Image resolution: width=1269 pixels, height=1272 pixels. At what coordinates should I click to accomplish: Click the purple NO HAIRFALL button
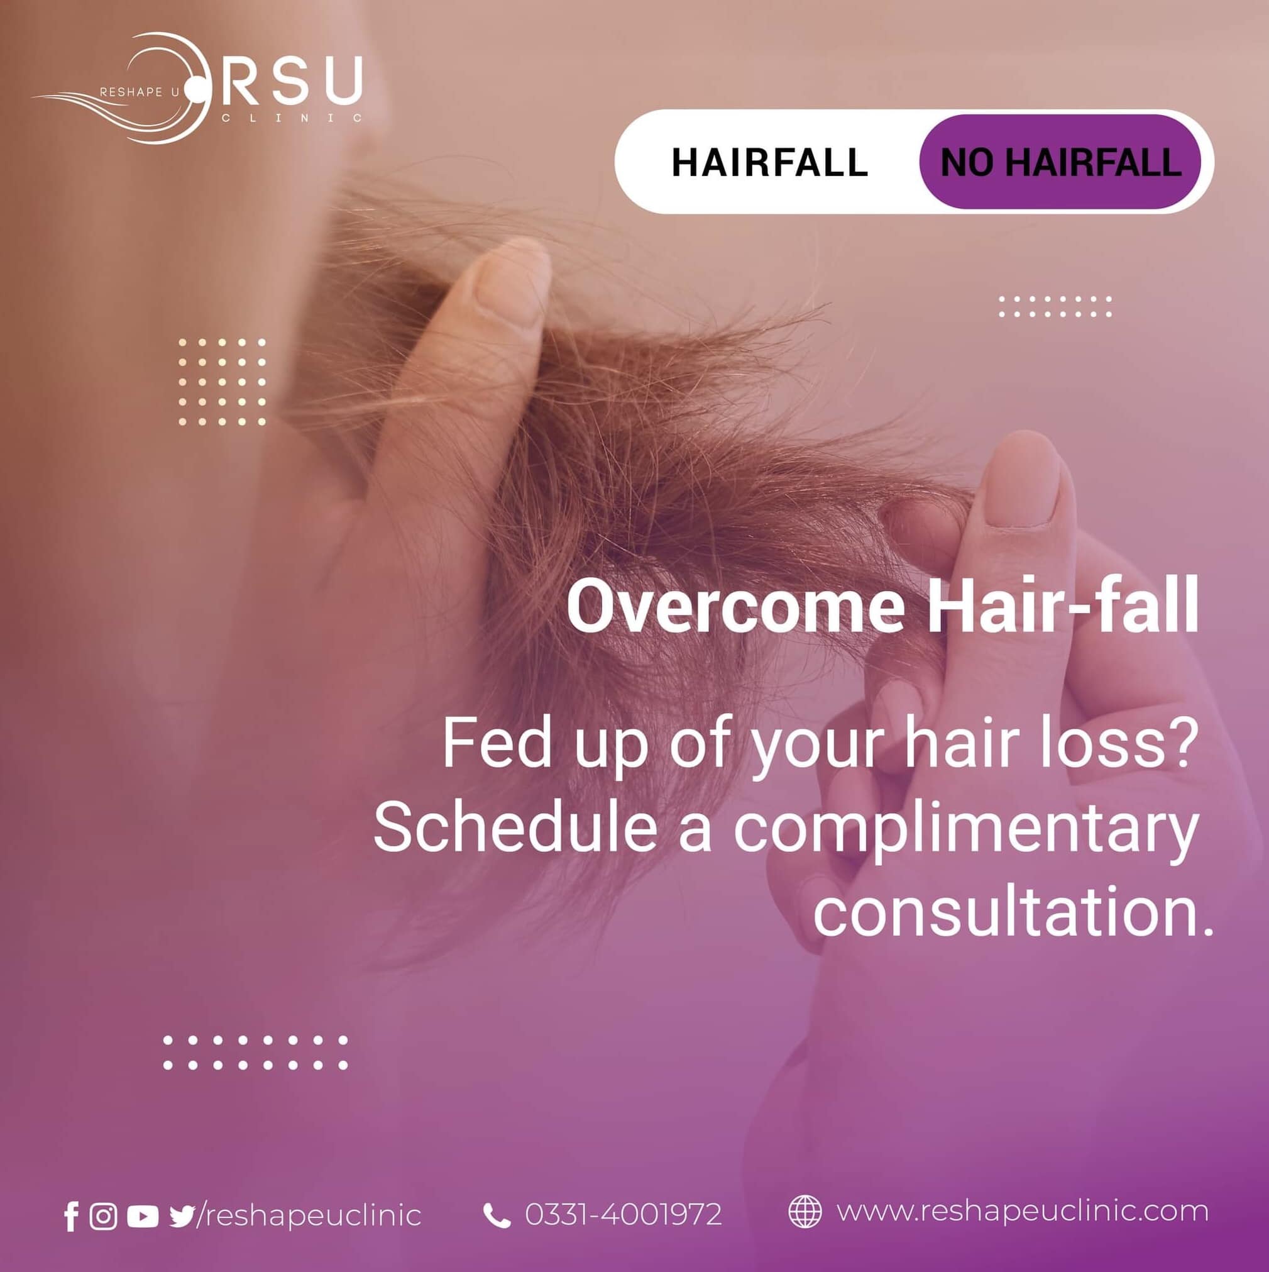1060,162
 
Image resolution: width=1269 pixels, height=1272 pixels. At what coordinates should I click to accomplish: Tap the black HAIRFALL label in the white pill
769,162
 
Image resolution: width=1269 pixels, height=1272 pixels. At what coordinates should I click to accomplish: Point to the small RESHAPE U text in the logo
139,92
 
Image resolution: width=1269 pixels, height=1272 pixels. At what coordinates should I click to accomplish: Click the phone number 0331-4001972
624,1215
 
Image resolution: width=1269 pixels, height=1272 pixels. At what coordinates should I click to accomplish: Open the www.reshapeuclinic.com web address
1023,1212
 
